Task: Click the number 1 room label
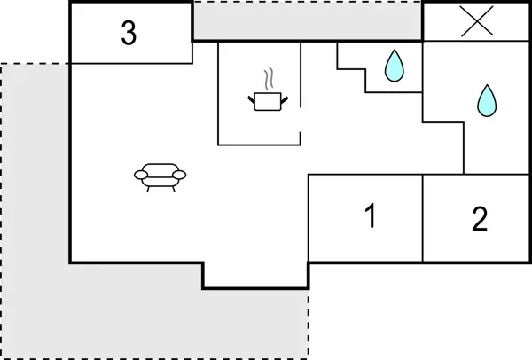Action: click(x=371, y=215)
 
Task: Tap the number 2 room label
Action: click(x=480, y=219)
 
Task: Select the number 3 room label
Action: click(x=129, y=34)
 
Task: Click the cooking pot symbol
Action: click(x=266, y=102)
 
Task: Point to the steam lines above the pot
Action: click(x=267, y=80)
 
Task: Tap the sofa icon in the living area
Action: click(x=160, y=176)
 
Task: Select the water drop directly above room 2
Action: click(x=486, y=101)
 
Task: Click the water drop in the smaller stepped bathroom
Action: click(x=394, y=67)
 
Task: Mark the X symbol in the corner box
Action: click(x=477, y=22)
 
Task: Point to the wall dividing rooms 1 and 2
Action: click(x=423, y=218)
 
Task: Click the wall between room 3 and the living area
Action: click(x=131, y=63)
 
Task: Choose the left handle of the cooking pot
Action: click(x=253, y=98)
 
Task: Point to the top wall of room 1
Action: click(x=365, y=175)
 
